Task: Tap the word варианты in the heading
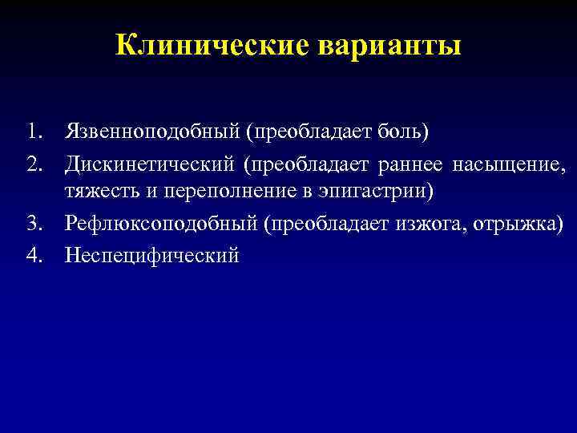click(390, 45)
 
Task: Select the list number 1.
click(34, 131)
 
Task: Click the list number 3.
click(34, 221)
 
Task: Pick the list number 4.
click(34, 256)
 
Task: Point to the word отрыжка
click(516, 221)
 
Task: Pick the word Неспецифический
click(152, 256)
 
